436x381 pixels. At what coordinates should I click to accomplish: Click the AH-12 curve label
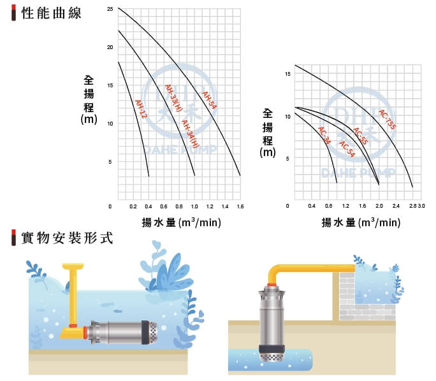(141, 109)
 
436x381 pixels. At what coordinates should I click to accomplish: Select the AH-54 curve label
(209, 100)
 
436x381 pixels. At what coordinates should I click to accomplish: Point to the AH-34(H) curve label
(191, 134)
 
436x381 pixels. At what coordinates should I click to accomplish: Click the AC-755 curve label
(388, 120)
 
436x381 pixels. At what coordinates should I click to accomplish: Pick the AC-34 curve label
(324, 136)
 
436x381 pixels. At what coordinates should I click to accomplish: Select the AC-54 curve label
(347, 149)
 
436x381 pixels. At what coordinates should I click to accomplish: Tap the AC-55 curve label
(361, 136)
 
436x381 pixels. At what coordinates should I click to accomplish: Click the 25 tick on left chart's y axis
(110, 9)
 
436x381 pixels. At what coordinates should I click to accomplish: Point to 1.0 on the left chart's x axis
(194, 206)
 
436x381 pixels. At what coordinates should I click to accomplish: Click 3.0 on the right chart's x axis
(421, 206)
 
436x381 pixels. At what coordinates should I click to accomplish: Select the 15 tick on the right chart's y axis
(287, 74)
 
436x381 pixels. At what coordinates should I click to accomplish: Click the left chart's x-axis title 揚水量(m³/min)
(182, 222)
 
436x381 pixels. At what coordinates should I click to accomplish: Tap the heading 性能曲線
(52, 13)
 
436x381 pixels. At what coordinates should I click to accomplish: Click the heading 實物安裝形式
(68, 238)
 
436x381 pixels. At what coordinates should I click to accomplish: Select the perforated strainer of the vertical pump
(272, 357)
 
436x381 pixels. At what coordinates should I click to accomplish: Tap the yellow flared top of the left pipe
(73, 266)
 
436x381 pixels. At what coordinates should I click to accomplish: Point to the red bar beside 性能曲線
(13, 13)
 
